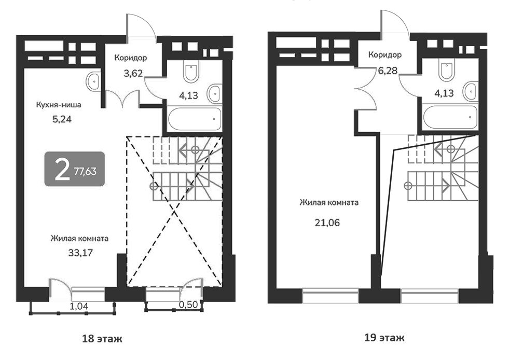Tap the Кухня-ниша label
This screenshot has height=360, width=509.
(x=58, y=104)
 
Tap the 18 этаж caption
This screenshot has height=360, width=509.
(x=102, y=339)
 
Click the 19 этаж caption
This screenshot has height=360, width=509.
(x=384, y=338)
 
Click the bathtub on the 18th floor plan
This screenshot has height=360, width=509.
(x=194, y=119)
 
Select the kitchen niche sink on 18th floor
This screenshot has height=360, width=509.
(x=93, y=80)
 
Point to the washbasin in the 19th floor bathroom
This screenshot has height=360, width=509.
(x=471, y=91)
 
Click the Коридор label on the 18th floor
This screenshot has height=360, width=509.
(x=131, y=58)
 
